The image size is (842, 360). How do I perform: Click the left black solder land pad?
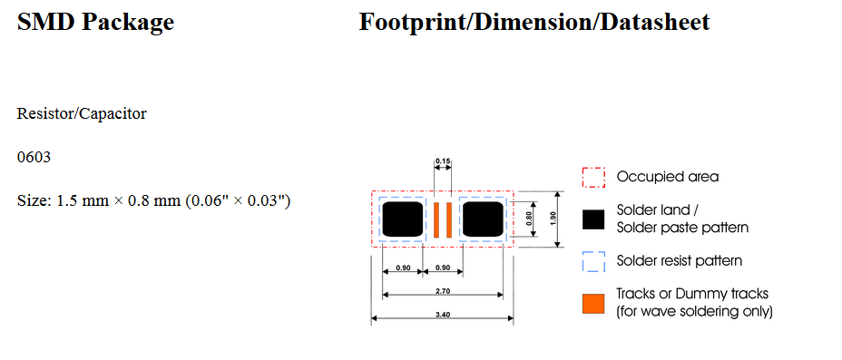click(403, 219)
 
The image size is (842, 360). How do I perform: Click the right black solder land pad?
click(483, 219)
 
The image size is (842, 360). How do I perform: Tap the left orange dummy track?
click(436, 219)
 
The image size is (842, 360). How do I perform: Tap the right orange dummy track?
click(448, 219)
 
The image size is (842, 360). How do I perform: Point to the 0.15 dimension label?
click(443, 161)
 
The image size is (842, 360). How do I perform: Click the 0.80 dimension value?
click(531, 219)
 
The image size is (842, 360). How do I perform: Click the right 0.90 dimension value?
click(445, 268)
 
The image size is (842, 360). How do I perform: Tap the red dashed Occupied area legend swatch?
click(593, 176)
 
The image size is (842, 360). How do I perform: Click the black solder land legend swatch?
click(593, 219)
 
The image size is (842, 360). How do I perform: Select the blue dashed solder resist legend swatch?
click(593, 261)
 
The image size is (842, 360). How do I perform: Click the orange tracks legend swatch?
click(593, 303)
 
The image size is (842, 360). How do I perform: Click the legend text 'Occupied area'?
click(667, 177)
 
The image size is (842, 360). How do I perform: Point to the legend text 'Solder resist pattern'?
click(679, 261)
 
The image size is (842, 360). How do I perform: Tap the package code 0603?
click(34, 158)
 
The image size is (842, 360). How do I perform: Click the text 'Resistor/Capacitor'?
click(82, 114)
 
